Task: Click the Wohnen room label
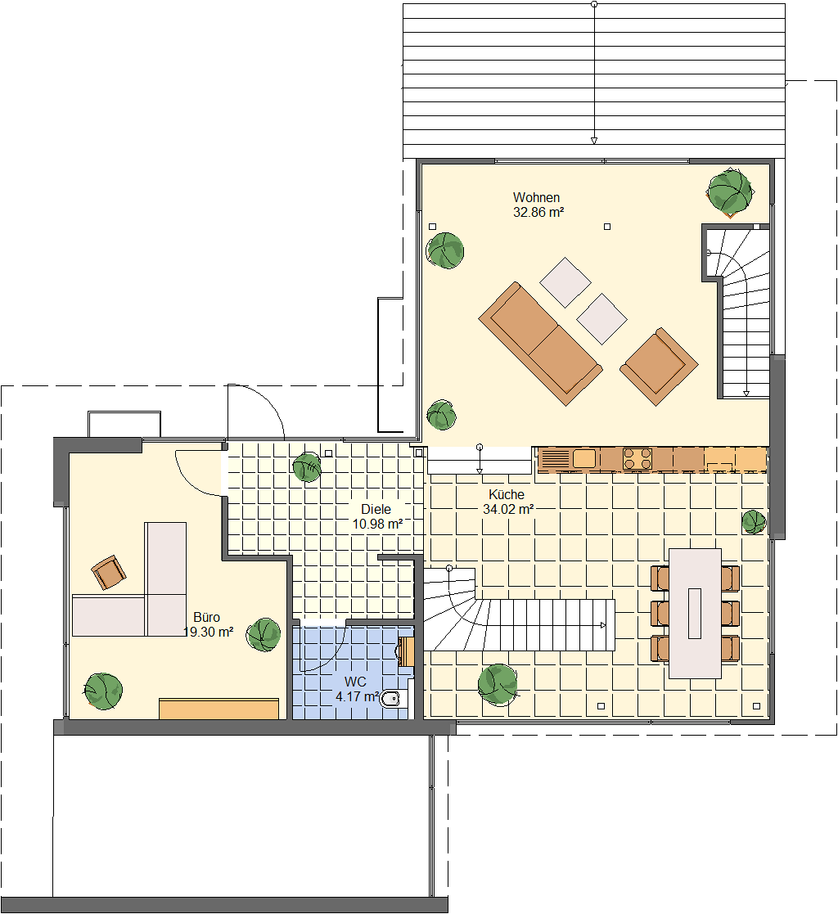point(536,197)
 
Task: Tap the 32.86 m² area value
point(538,212)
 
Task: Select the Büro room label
point(206,617)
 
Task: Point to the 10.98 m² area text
point(377,524)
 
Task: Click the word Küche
point(507,494)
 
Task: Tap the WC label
point(355,682)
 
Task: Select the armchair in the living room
point(659,366)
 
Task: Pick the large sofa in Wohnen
point(541,344)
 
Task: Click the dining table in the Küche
point(695,613)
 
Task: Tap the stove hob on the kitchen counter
point(638,458)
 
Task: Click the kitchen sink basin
point(583,458)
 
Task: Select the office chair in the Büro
point(109,573)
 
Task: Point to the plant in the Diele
point(307,467)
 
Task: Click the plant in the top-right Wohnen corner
point(729,191)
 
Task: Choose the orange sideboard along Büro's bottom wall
point(219,709)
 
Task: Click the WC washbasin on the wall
point(406,651)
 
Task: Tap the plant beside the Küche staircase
point(498,684)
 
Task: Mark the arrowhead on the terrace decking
point(594,141)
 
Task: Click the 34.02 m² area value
point(508,509)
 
